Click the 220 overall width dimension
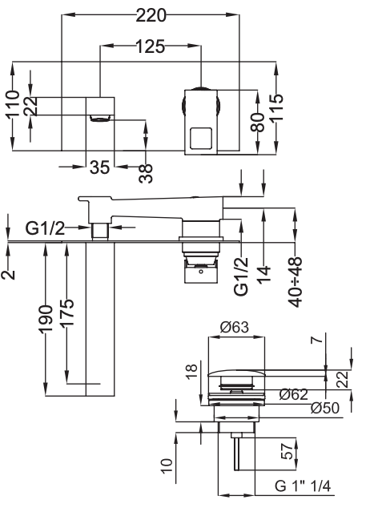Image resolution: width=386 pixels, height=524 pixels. pos(152,14)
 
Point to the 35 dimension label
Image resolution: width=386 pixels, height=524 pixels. pos(99,167)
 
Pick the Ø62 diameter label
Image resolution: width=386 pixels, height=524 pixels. pos(294,393)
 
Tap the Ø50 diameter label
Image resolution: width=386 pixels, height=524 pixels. pos(325,408)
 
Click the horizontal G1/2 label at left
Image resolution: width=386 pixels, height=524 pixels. pos(44,228)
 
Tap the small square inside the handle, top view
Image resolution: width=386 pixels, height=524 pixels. pos(199,139)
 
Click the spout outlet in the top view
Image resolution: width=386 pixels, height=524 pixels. pos(100,119)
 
